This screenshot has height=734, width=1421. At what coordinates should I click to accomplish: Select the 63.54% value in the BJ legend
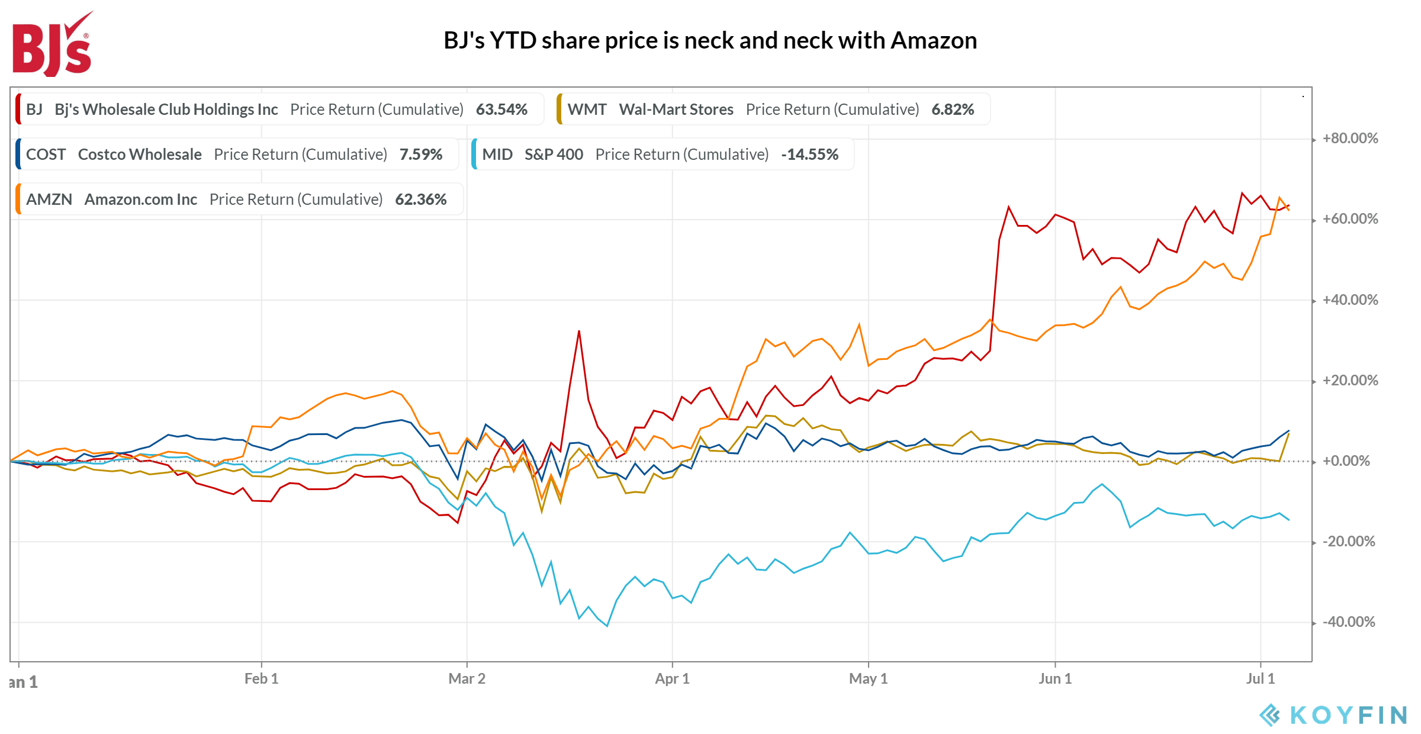[x=501, y=110]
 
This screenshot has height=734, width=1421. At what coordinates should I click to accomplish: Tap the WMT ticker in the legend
[x=587, y=110]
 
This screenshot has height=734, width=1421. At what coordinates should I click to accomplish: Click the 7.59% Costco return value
[x=420, y=154]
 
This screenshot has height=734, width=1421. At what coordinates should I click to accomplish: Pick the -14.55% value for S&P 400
[x=809, y=154]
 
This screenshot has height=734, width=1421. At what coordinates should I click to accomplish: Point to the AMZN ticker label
[x=49, y=199]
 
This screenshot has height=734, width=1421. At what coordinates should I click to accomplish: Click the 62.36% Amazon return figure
[x=420, y=199]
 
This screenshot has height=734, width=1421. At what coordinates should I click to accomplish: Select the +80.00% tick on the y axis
[x=1350, y=139]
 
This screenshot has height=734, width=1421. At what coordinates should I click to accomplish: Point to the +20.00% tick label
[x=1350, y=381]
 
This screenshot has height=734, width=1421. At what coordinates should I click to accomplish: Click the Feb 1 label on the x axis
[x=261, y=679]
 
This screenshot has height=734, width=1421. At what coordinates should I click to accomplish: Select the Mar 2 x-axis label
[x=467, y=679]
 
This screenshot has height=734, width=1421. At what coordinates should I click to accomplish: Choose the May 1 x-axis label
[x=868, y=679]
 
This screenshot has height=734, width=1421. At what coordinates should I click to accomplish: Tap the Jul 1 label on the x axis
[x=1260, y=679]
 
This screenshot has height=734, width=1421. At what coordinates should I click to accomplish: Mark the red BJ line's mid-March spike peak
[x=579, y=331]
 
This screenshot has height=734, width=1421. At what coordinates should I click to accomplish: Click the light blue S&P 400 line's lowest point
[x=607, y=626]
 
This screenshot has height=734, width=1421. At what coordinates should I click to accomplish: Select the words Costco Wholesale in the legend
[x=140, y=154]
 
